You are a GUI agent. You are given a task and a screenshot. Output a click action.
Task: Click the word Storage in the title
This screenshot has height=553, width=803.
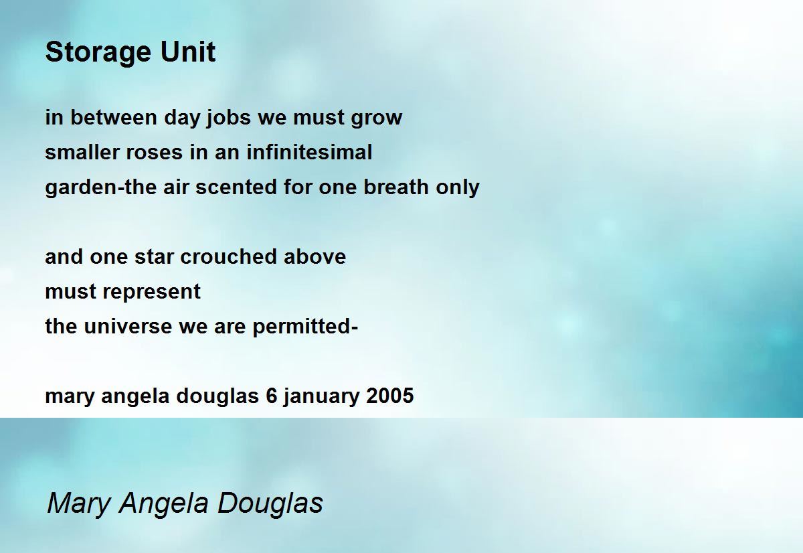click(98, 53)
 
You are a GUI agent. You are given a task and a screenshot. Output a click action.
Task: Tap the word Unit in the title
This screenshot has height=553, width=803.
click(188, 52)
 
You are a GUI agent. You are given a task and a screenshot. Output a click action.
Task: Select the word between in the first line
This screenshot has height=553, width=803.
click(114, 117)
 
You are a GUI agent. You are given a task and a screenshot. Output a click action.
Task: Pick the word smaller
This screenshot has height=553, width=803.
click(82, 152)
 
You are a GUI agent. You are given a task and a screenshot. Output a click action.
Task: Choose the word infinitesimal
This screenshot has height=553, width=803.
click(309, 152)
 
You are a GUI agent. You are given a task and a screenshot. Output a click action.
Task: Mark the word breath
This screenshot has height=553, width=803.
click(396, 187)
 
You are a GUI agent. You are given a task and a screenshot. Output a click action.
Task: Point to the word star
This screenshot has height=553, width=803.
click(154, 258)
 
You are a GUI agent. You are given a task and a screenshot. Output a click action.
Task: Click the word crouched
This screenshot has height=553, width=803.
click(228, 256)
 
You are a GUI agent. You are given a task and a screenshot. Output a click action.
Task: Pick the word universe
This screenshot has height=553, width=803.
click(128, 326)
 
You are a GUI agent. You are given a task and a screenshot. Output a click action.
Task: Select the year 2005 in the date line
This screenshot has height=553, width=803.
click(390, 396)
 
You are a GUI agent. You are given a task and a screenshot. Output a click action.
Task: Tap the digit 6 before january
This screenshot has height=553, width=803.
click(272, 396)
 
